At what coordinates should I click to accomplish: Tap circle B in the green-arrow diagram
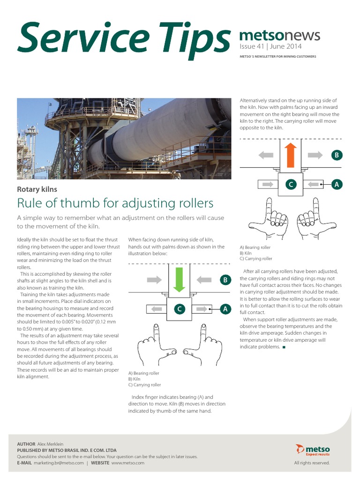tap(225, 280)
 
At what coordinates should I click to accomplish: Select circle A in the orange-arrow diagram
tap(336, 185)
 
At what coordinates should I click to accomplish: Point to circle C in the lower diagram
tap(179, 309)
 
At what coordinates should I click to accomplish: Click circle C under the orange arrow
tap(291, 185)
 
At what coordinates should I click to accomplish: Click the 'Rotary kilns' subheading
tap(37, 189)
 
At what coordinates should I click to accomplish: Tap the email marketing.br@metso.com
tap(59, 463)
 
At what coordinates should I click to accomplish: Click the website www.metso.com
tap(127, 463)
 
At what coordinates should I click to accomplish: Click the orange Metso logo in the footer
tap(313, 450)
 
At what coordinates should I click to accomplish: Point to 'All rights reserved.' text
tap(312, 463)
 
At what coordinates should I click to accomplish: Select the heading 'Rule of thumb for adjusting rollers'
tap(115, 203)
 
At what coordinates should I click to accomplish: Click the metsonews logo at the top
tap(279, 35)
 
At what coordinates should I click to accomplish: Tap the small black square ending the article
tap(284, 347)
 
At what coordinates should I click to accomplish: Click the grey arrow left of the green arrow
tap(154, 280)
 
